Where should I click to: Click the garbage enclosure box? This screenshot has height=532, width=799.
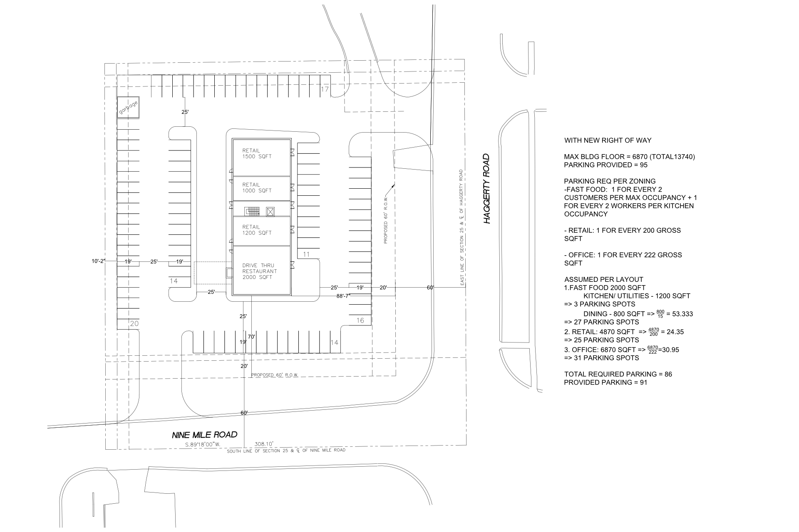coord(128,108)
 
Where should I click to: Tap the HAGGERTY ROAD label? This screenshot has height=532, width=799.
coord(487,189)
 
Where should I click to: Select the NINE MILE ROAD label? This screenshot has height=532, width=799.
coord(205,435)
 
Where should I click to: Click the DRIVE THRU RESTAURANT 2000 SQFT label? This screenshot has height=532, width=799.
coord(260,271)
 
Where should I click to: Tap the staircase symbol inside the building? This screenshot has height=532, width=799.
coord(253,212)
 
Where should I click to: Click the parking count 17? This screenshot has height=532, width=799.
coord(325,89)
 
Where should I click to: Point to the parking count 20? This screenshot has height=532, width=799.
coord(134,323)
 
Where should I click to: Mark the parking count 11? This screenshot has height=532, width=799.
coord(306,254)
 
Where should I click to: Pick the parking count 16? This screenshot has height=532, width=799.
coord(360,320)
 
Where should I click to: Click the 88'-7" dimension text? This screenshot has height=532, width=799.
coord(344,296)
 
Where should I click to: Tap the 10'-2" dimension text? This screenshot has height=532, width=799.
coord(99,261)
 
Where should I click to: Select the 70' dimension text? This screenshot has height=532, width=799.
coord(251,337)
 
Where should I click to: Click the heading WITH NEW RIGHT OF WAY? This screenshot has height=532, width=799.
coord(608,140)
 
